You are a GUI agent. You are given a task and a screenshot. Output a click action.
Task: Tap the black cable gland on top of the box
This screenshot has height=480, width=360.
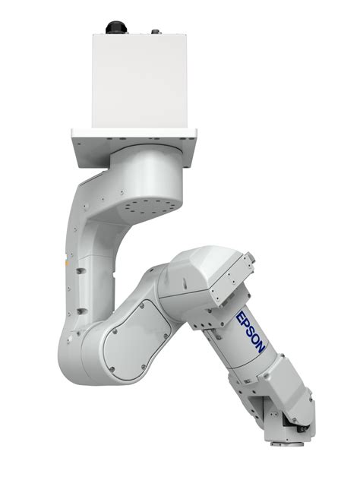pos(116,27)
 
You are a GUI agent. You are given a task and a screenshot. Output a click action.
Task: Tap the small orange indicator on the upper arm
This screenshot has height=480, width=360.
pos(68,260)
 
